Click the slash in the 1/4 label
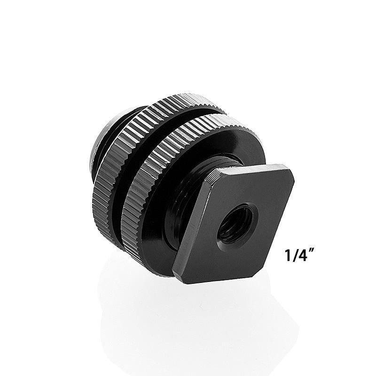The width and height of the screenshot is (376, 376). point(295,255)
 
